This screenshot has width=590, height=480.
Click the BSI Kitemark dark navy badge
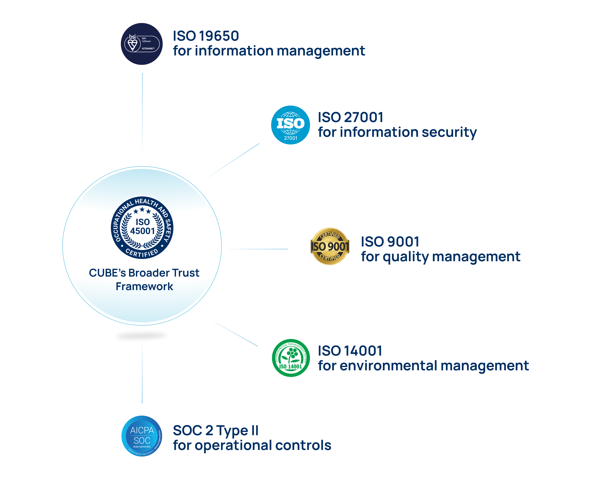[x=142, y=44]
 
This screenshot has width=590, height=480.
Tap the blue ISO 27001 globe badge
[x=290, y=125]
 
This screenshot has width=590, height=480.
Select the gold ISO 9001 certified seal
[x=330, y=246]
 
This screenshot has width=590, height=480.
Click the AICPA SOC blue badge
[x=142, y=436]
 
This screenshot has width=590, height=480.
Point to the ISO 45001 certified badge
[x=142, y=227]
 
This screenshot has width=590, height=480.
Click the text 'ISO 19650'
[x=206, y=36]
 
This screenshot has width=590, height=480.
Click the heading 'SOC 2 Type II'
[x=216, y=430]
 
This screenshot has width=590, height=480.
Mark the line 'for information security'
[x=397, y=132]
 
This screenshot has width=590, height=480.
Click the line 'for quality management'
[x=440, y=257]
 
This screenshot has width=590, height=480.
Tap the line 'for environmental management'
[x=423, y=366]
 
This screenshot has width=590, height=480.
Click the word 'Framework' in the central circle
[x=144, y=286]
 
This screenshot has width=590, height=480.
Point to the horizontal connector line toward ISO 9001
[x=258, y=249]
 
